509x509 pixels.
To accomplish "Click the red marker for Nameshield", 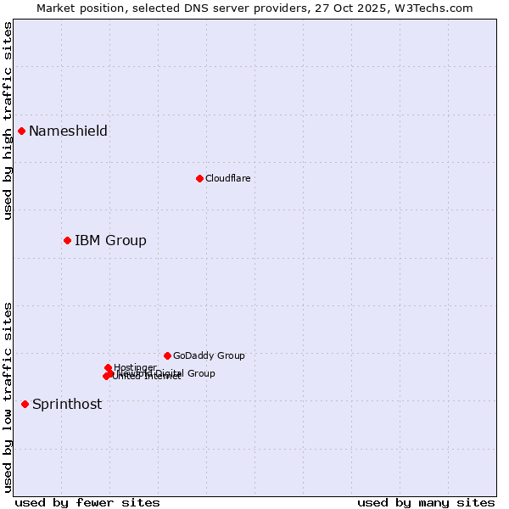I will click(21, 131).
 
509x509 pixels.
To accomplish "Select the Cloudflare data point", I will click(199, 178).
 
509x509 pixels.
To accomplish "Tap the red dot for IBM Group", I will click(67, 240).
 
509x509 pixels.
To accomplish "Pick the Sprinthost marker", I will click(25, 404).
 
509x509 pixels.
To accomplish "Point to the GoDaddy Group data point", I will click(167, 355).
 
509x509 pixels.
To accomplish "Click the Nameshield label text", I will click(68, 131).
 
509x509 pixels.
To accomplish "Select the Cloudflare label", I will click(227, 178).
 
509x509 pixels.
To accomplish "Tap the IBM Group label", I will click(110, 240).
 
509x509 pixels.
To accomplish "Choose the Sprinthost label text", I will click(67, 404).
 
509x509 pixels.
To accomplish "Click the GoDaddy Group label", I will click(209, 355).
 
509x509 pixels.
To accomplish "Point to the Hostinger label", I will click(135, 367).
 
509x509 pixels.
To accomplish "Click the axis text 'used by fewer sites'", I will click(87, 502).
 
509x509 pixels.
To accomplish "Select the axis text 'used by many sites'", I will click(426, 502).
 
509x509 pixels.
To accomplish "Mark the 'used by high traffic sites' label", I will click(8, 120).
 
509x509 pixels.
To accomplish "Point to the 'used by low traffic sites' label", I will click(8, 397).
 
